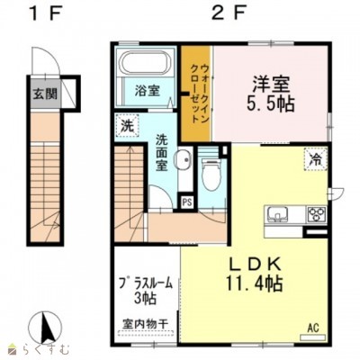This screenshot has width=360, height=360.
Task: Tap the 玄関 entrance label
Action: click(x=44, y=93)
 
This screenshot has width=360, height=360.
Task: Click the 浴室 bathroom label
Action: click(x=147, y=92)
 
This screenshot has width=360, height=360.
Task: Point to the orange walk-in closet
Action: click(x=196, y=93)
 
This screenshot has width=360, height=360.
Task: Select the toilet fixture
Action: click(x=211, y=175)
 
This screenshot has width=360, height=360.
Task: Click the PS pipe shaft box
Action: click(x=187, y=202)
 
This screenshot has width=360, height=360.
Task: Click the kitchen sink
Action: click(x=277, y=214)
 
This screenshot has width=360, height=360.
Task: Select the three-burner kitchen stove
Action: click(x=316, y=214)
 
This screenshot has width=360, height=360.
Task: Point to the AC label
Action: click(x=314, y=328)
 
